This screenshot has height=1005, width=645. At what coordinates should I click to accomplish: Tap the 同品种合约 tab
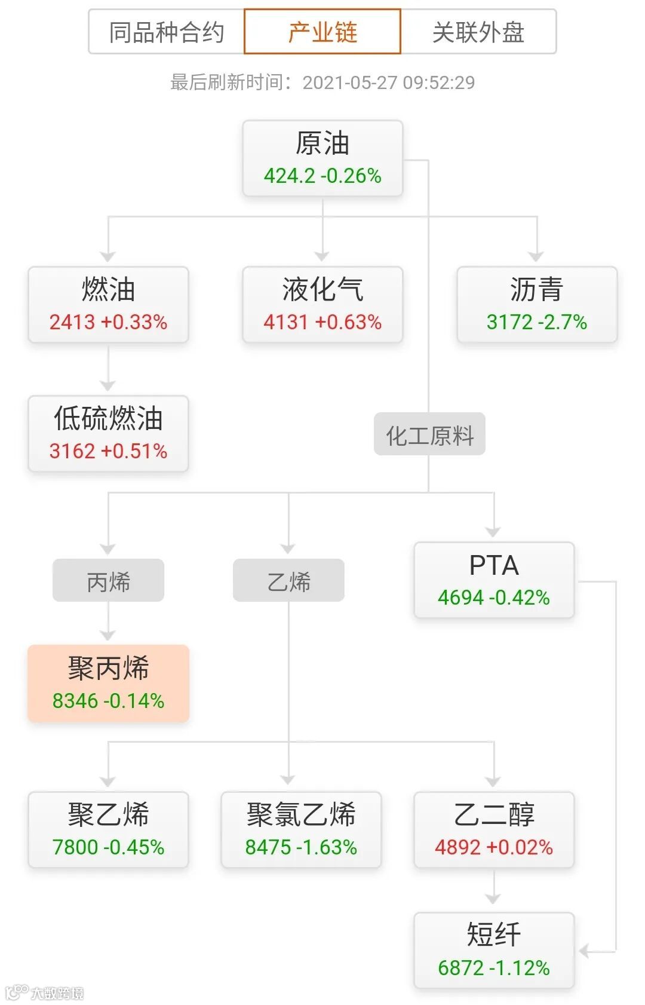167,32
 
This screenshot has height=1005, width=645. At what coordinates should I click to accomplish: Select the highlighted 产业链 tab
322,32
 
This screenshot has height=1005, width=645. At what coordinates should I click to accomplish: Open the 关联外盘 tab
478,32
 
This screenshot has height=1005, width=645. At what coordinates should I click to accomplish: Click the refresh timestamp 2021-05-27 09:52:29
388,82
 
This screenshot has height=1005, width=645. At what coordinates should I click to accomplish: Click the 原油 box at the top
322,158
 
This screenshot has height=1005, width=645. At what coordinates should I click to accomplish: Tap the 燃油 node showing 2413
108,305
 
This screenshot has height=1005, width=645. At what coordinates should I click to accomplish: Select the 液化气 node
322,305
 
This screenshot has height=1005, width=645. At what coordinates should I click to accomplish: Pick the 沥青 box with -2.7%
536,305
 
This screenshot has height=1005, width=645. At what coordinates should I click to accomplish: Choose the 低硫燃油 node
108,434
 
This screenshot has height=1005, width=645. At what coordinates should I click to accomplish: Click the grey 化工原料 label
429,434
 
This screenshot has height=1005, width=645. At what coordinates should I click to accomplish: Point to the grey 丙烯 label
108,580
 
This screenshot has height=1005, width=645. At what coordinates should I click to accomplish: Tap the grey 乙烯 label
288,580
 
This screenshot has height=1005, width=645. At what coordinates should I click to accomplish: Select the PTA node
494,580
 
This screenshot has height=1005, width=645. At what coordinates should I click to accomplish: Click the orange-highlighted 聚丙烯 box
108,684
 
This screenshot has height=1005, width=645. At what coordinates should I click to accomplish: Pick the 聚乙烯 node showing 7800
108,830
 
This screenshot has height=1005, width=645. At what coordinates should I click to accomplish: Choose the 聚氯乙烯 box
301,830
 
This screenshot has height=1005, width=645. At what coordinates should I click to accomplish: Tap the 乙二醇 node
494,830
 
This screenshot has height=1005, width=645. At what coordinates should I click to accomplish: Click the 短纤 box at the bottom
494,951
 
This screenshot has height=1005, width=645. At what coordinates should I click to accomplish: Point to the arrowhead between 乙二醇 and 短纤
493,898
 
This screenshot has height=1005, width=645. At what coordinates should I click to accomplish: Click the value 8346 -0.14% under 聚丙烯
108,701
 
